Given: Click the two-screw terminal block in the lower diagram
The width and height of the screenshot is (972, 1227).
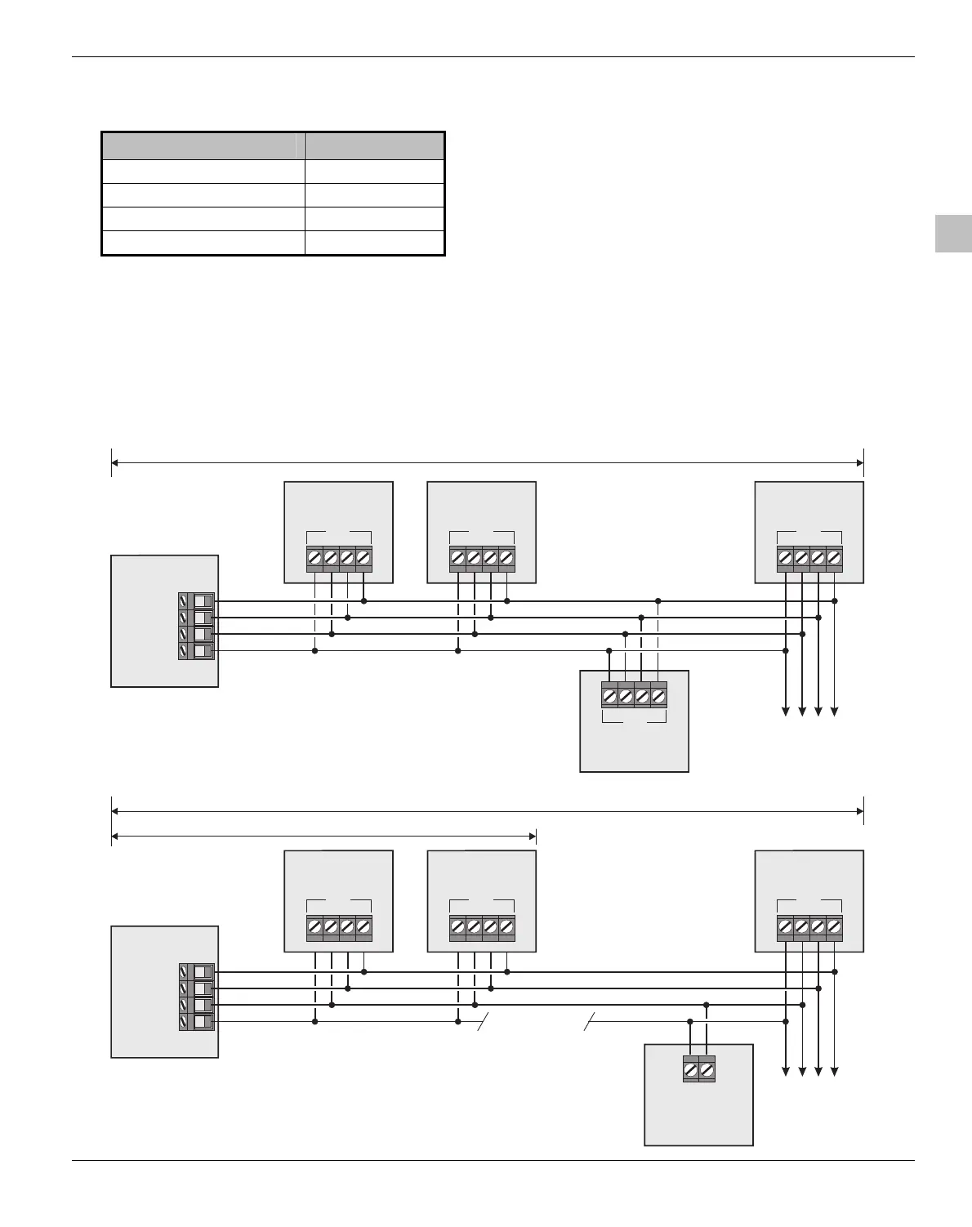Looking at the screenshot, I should (698, 1069).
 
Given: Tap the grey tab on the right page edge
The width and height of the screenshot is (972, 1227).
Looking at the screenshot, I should (953, 234).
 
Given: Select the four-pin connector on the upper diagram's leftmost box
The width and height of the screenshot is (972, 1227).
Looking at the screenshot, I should (196, 626).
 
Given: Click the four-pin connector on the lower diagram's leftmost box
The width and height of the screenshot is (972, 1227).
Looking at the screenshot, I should (196, 997).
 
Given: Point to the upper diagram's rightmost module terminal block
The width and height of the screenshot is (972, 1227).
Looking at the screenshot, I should (809, 559).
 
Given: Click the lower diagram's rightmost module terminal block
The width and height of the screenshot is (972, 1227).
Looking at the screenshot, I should (809, 928).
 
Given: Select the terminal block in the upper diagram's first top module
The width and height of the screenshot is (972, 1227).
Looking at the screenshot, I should (339, 559).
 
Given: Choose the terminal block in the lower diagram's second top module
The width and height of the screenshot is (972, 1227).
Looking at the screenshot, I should (482, 928).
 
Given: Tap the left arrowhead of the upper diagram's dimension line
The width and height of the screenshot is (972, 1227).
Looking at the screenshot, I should (115, 463).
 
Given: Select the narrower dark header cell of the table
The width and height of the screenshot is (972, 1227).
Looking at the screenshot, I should (375, 146).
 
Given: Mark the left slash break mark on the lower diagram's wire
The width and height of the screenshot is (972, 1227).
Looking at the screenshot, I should (483, 1022).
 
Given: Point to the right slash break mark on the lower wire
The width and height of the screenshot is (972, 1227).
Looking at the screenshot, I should (589, 1022).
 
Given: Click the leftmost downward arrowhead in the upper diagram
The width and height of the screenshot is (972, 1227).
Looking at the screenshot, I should (786, 712).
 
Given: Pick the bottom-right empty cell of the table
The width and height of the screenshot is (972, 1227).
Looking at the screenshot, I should (375, 243).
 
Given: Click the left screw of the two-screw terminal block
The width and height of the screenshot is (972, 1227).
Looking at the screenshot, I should (691, 1069).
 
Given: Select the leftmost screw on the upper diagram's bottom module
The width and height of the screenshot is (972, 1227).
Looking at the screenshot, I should (609, 697).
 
